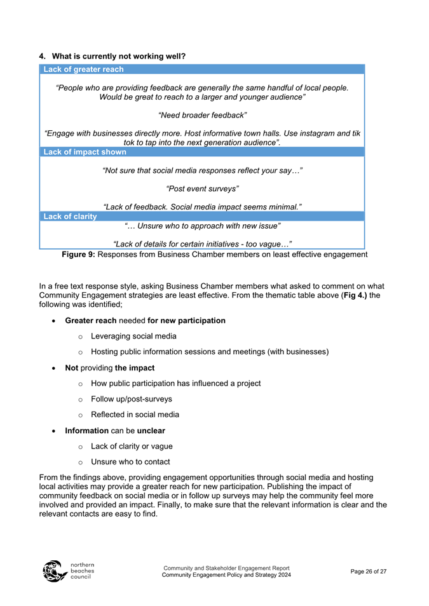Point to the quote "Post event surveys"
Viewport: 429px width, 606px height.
[x=202, y=189]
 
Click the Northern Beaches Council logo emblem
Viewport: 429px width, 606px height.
[x=53, y=571]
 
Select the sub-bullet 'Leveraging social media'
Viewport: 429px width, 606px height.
[x=133, y=336]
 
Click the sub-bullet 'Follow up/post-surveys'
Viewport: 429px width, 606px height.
[x=131, y=399]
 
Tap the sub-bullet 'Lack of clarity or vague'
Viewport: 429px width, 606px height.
[x=132, y=446]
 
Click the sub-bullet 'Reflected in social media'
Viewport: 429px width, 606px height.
[x=135, y=415]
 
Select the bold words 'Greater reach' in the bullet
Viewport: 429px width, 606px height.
[x=91, y=321]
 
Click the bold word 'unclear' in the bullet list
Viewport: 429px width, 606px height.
[x=142, y=431]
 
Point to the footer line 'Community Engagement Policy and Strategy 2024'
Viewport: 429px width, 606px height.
[x=227, y=575]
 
